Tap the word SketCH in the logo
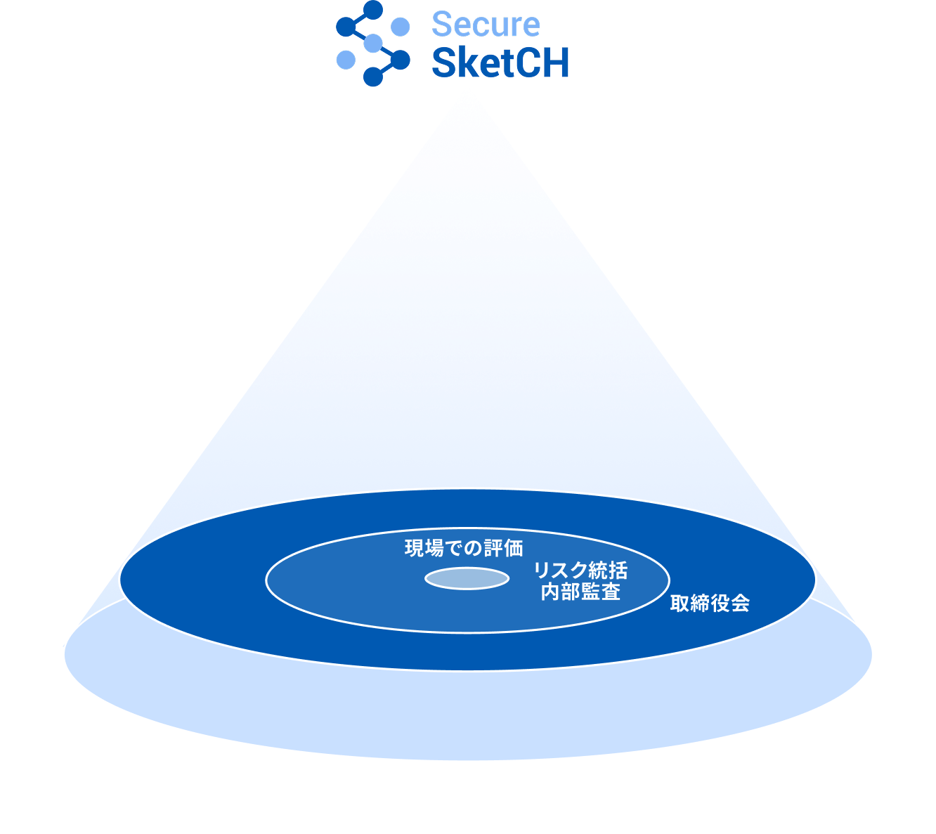coord(500,63)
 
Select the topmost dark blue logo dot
coord(373,10)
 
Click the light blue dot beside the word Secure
coord(400,27)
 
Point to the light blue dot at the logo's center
coord(373,44)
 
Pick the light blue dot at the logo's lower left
coord(346,60)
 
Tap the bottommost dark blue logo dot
coord(373,77)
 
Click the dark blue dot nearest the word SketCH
coord(400,60)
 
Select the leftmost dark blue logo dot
coord(346,27)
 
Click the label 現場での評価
coord(464,549)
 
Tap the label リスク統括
coord(580,571)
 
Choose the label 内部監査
coord(580,592)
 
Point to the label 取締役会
coord(710,604)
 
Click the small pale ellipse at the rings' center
coord(467,579)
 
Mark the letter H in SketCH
coord(556,63)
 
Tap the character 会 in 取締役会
coord(740,604)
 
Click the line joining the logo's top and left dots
coord(359,18)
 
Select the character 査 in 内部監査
coord(611,592)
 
